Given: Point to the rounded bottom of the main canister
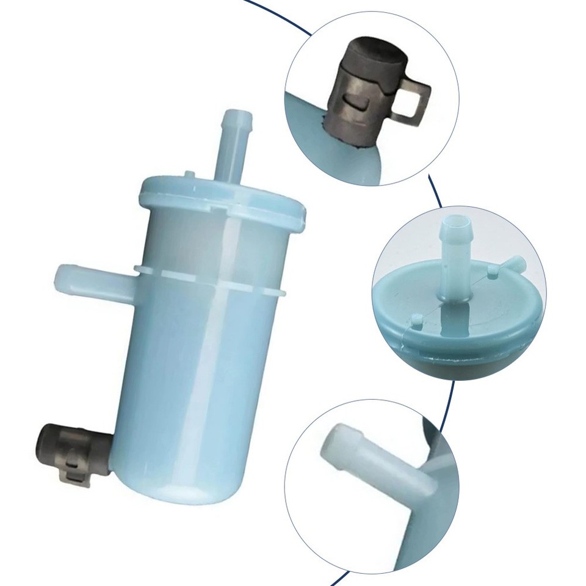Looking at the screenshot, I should [x=183, y=482].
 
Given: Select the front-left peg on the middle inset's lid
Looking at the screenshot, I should [x=417, y=319].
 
